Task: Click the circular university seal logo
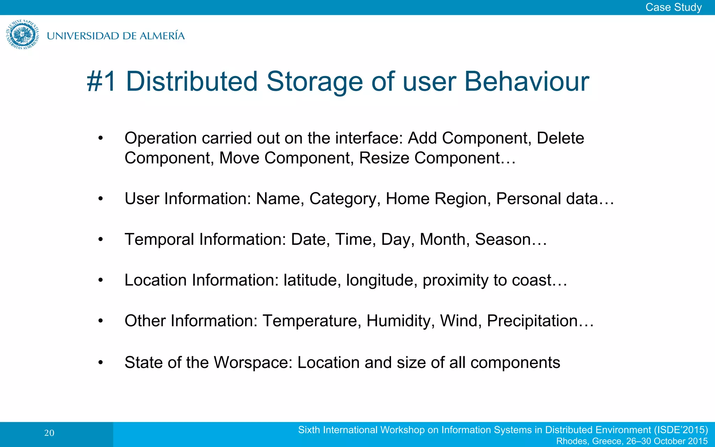23,35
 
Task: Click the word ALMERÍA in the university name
162,36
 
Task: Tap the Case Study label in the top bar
673,7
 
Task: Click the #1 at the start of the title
101,82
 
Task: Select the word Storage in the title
315,82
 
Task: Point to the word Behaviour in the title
526,82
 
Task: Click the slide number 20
49,433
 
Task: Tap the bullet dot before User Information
101,199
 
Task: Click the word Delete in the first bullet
560,138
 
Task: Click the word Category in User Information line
344,199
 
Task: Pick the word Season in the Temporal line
503,240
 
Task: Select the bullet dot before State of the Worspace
101,362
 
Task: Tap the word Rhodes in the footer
571,441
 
